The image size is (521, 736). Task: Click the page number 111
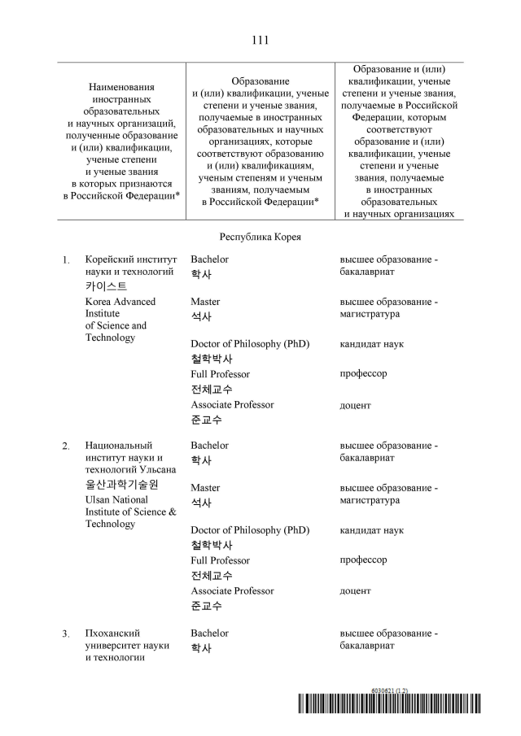(x=260, y=39)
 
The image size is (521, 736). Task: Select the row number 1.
(x=66, y=260)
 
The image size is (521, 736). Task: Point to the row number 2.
(x=66, y=446)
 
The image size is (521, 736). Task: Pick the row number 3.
(x=66, y=634)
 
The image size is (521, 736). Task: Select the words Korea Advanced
(x=120, y=302)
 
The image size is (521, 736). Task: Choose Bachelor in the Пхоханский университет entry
(x=209, y=633)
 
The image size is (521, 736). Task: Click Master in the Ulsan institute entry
(x=205, y=488)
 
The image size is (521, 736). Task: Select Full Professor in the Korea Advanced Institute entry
(x=220, y=374)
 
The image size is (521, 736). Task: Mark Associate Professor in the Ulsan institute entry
(x=232, y=590)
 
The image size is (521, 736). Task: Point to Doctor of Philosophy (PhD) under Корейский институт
(x=250, y=344)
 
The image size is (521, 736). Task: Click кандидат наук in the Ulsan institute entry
(x=371, y=530)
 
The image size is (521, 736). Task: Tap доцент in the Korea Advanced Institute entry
(x=355, y=405)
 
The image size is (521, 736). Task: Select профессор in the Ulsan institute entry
(x=363, y=560)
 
